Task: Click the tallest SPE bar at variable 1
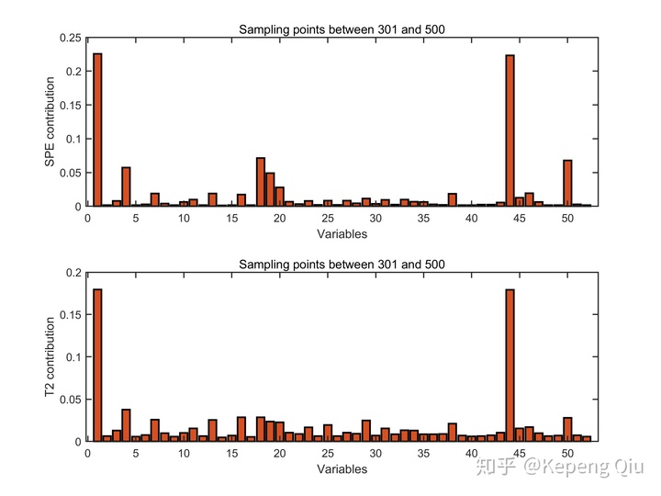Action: (x=97, y=130)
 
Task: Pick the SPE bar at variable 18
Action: (x=261, y=182)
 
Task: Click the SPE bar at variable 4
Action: (x=126, y=186)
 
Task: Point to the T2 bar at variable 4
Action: (x=126, y=425)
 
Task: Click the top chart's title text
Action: (x=342, y=29)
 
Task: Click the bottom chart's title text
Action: (x=342, y=265)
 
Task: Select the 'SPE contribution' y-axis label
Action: (x=50, y=121)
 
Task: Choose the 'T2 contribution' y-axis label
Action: (x=50, y=356)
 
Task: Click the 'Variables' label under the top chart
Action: (x=342, y=233)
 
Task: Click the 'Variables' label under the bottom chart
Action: (x=342, y=468)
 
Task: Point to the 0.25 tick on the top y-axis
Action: (x=70, y=38)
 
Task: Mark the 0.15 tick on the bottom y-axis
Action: (x=70, y=315)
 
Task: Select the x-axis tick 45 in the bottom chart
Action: (x=520, y=454)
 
